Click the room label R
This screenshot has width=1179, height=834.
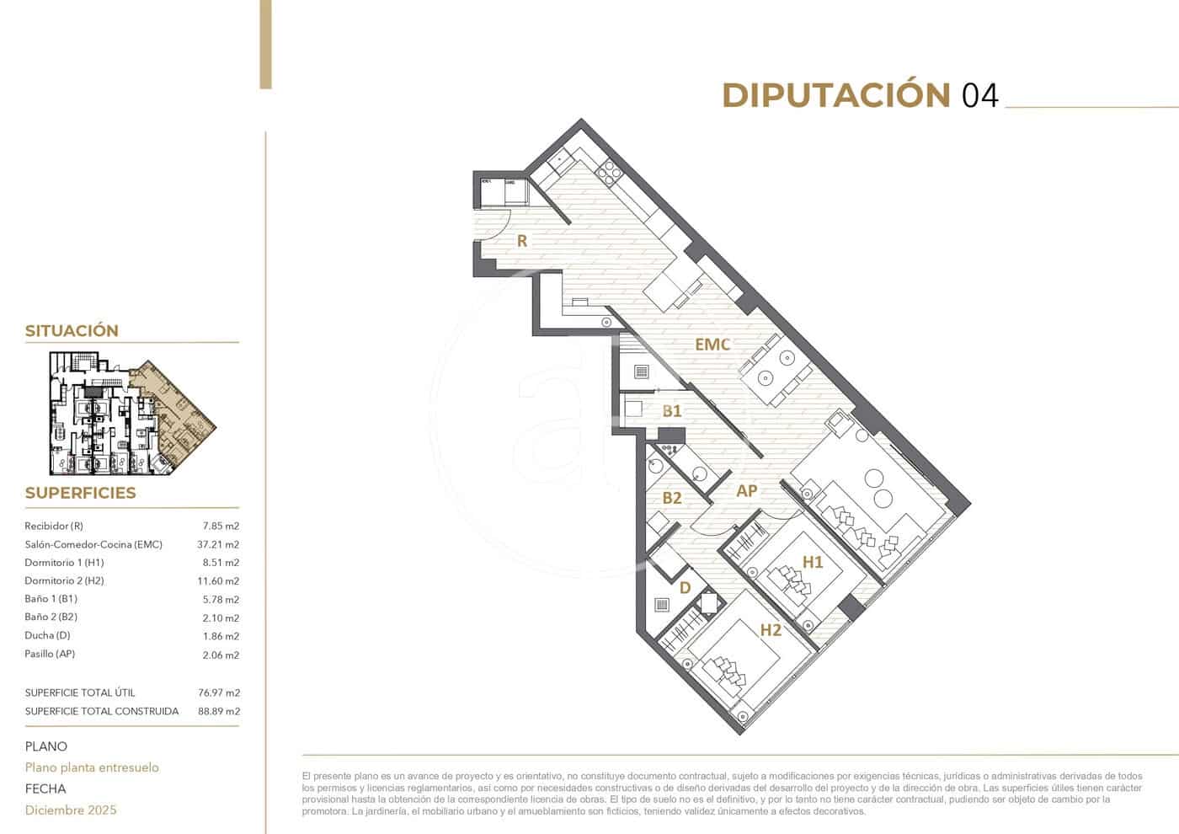tap(522, 241)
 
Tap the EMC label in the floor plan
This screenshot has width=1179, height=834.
tap(712, 344)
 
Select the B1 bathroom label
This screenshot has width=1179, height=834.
tap(671, 411)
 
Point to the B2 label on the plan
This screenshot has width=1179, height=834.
tap(671, 498)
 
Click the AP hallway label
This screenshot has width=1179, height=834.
tap(746, 490)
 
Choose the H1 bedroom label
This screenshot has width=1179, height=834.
tap(812, 562)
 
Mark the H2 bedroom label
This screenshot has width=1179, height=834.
tap(771, 629)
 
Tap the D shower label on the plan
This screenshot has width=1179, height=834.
tap(685, 587)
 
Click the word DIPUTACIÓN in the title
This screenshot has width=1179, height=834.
tap(836, 95)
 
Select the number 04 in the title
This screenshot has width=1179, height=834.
tap(980, 96)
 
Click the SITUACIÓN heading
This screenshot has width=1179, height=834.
tap(72, 330)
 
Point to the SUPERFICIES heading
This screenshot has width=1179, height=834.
tap(80, 493)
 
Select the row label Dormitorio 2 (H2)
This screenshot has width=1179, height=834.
tap(64, 580)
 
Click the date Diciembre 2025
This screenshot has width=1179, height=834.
tap(71, 810)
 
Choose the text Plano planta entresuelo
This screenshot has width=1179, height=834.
tap(92, 767)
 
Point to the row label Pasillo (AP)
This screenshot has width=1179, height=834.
tap(50, 654)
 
